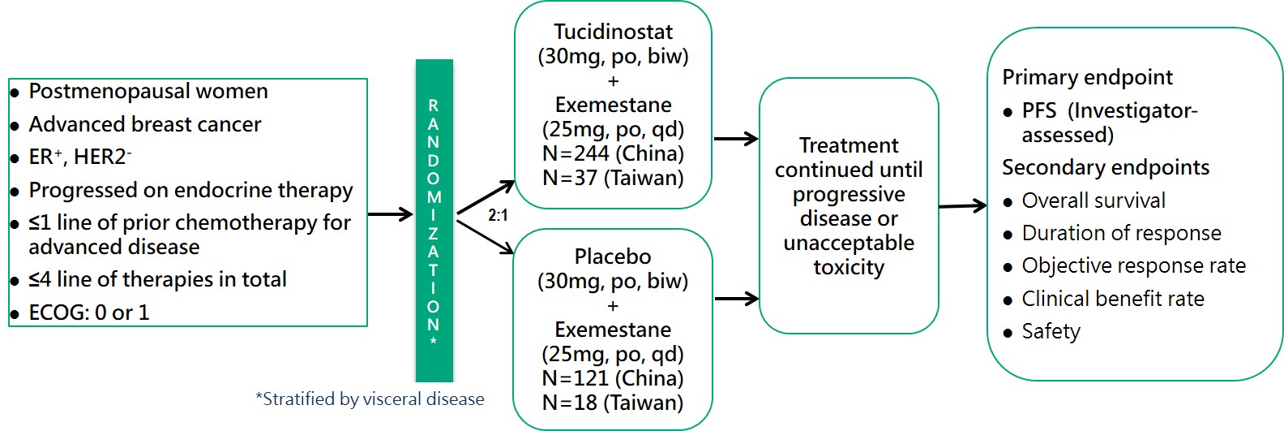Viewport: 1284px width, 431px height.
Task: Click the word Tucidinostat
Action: pyautogui.click(x=613, y=32)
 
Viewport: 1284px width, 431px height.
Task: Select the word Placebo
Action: pyautogui.click(x=613, y=256)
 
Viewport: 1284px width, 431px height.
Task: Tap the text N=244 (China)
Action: pyautogui.click(x=613, y=153)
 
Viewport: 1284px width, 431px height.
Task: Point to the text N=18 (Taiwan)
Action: pyautogui.click(x=613, y=403)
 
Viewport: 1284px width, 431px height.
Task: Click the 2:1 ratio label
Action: pyautogui.click(x=498, y=215)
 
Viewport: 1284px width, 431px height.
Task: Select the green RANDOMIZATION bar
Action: pyautogui.click(x=434, y=220)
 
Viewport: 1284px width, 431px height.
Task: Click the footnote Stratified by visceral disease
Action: pyautogui.click(x=370, y=399)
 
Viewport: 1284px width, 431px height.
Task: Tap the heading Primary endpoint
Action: pyautogui.click(x=1087, y=77)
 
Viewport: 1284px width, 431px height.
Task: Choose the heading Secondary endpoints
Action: pyautogui.click(x=1106, y=167)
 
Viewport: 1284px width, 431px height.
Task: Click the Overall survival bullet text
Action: pyautogui.click(x=1094, y=200)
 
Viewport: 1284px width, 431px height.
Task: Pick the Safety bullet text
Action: pyautogui.click(x=1051, y=331)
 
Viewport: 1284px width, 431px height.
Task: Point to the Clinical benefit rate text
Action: pyautogui.click(x=1113, y=299)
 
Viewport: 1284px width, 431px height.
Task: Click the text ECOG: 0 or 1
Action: pyautogui.click(x=89, y=312)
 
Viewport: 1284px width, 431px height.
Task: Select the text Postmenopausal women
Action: pyautogui.click(x=148, y=91)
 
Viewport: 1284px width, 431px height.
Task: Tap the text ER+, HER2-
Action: pyautogui.click(x=80, y=157)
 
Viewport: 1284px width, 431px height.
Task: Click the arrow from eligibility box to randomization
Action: pyautogui.click(x=391, y=214)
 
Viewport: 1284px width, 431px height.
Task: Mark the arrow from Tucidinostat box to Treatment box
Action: pyautogui.click(x=735, y=139)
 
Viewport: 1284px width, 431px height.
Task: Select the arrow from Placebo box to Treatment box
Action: pyautogui.click(x=735, y=299)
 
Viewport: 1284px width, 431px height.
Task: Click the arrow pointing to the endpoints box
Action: pyautogui.click(x=962, y=206)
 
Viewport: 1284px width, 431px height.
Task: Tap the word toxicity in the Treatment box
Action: pyautogui.click(x=849, y=267)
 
